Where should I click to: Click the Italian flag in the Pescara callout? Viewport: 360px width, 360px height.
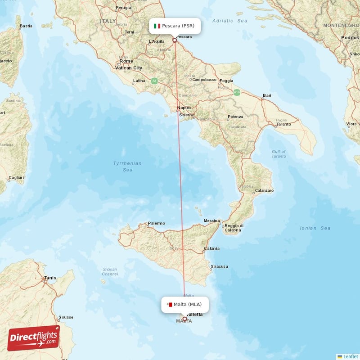coord(157,26)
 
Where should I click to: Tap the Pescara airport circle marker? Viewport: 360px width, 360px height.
coord(175,40)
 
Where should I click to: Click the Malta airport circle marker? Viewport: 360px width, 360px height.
coord(184,319)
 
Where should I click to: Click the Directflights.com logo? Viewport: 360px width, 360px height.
coord(34,338)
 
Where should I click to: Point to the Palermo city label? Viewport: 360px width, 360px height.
coord(157,223)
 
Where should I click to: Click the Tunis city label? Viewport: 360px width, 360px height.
coord(50,278)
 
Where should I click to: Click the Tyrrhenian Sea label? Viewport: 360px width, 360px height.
coord(127,166)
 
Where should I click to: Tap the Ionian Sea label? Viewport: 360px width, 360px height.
coord(315,228)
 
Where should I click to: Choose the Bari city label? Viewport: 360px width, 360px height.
coord(267,96)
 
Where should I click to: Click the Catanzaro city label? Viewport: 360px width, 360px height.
coord(264,191)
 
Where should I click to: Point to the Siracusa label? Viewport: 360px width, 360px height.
coord(219,266)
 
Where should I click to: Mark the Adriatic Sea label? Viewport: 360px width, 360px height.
coord(229,21)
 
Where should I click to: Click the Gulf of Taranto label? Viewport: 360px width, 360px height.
coord(279,154)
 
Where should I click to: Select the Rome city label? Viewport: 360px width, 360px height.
coord(126,61)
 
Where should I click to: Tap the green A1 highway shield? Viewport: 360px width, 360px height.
coord(154,81)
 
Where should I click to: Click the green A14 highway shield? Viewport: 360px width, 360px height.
coord(237,92)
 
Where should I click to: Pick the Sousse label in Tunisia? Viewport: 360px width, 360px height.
coord(66,317)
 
